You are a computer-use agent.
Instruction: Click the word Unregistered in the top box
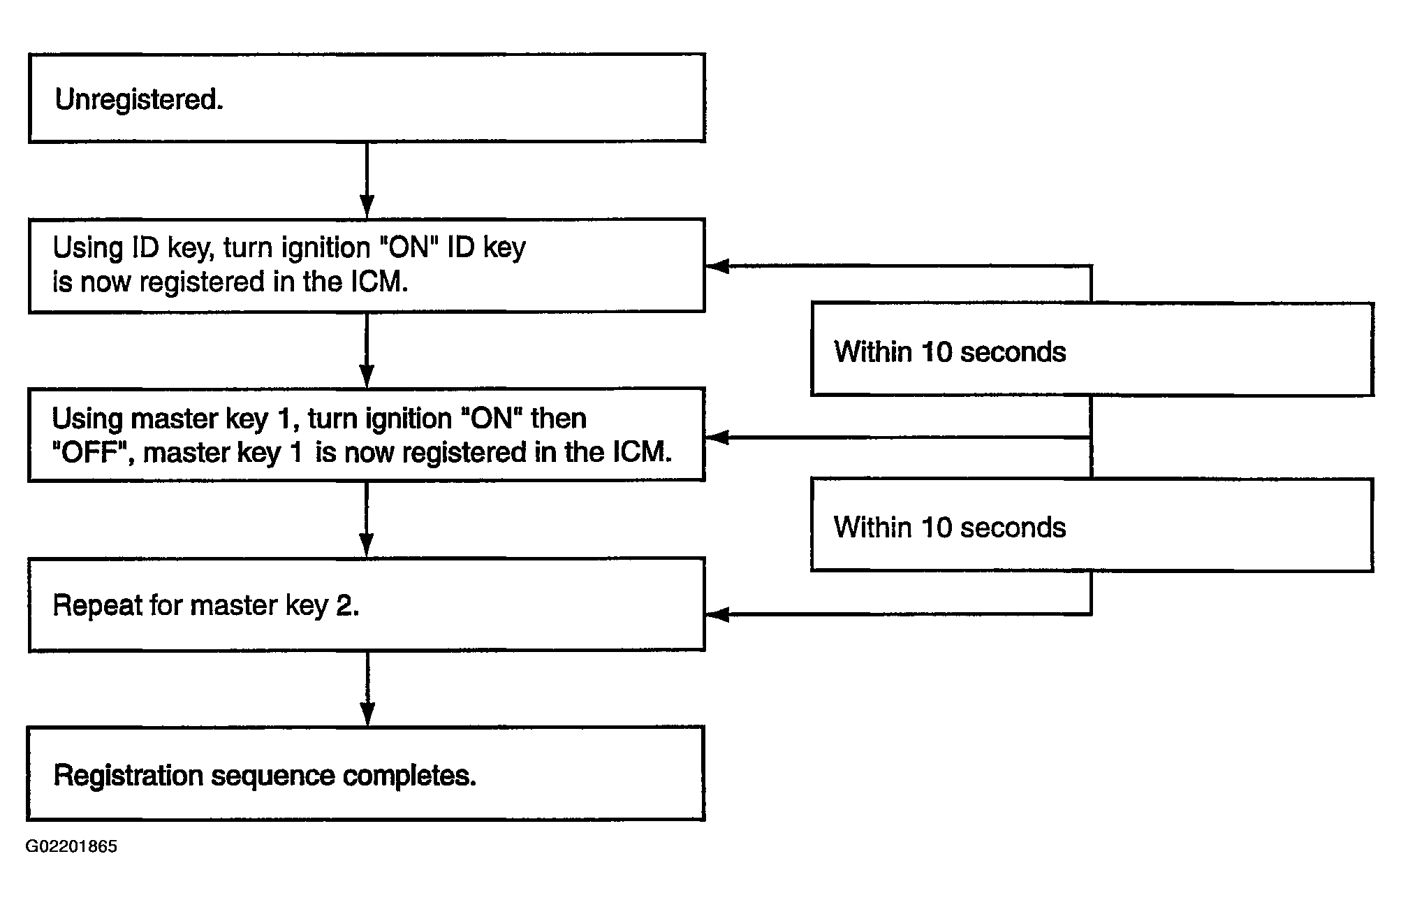point(138,99)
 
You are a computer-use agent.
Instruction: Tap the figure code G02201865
point(71,846)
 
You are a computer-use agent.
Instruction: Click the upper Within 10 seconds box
point(1092,349)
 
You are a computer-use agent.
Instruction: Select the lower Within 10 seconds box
point(1092,525)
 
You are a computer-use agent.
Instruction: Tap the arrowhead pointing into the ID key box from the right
point(717,266)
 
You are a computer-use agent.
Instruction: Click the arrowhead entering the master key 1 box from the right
point(717,437)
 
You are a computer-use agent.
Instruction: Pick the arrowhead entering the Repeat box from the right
point(717,614)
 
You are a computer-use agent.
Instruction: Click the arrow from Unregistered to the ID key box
point(367,180)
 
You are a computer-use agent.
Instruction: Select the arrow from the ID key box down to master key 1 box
point(367,349)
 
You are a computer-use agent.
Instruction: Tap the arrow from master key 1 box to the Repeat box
point(367,519)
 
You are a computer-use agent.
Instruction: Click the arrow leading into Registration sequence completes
point(367,689)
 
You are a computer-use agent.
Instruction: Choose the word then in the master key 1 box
point(559,419)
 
